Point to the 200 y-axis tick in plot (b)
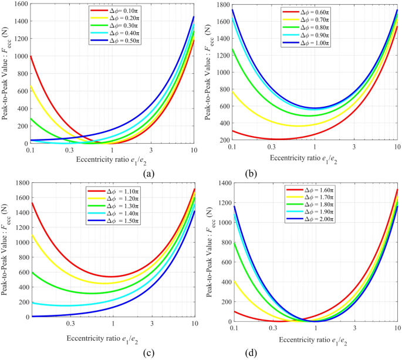point(221,140)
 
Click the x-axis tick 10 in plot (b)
point(397,146)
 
